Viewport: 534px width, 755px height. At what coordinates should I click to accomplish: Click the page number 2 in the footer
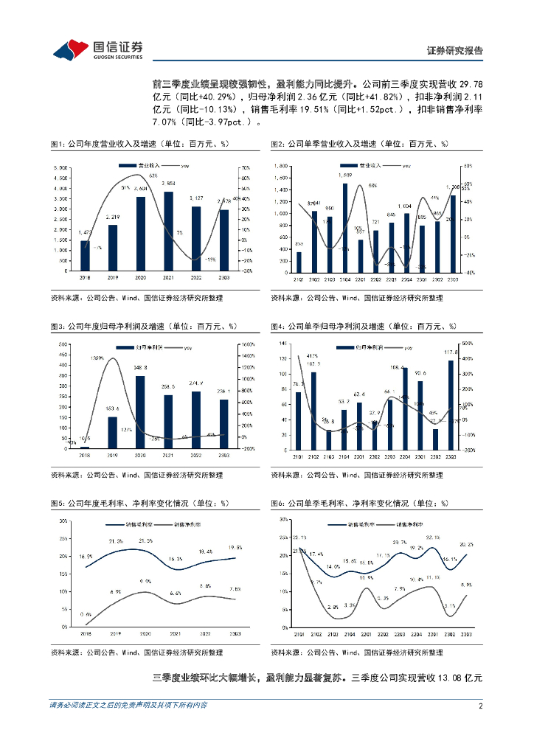pyautogui.click(x=480, y=706)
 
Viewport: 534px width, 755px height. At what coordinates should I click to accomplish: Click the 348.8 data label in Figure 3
pyautogui.click(x=140, y=367)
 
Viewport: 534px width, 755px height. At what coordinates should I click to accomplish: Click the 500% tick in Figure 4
pyautogui.click(x=466, y=344)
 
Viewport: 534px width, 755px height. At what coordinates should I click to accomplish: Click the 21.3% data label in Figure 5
pyautogui.click(x=115, y=542)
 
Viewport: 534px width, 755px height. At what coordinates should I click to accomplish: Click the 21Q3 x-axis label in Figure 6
pyautogui.click(x=333, y=634)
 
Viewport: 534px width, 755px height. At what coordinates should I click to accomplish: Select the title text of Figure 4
pyautogui.click(x=363, y=326)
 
